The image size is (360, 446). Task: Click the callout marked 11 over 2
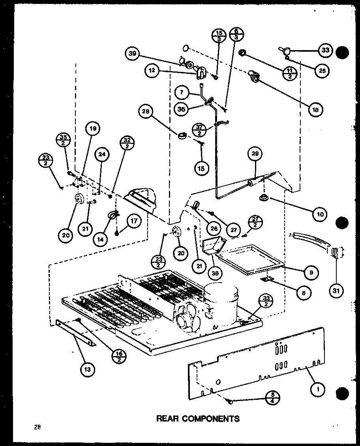coord(289,73)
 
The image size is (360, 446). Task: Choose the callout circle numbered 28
coord(146,112)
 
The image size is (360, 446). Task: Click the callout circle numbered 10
coord(320,214)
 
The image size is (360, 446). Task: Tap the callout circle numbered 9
coord(311,272)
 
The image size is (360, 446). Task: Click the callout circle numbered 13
coord(88,369)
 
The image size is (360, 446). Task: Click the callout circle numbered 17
coord(134,221)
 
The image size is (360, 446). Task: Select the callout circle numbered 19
coord(94,128)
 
